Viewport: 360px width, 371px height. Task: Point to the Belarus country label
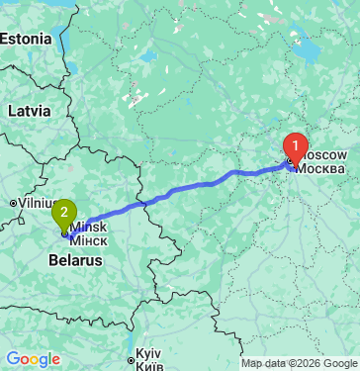coord(75,260)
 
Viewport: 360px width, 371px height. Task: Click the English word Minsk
coord(89,228)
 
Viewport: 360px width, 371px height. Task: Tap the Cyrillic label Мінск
coord(89,240)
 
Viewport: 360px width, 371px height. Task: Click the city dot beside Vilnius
coord(12,203)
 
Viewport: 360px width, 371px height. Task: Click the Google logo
coord(33,359)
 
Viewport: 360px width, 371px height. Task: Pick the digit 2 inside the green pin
coord(65,210)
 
